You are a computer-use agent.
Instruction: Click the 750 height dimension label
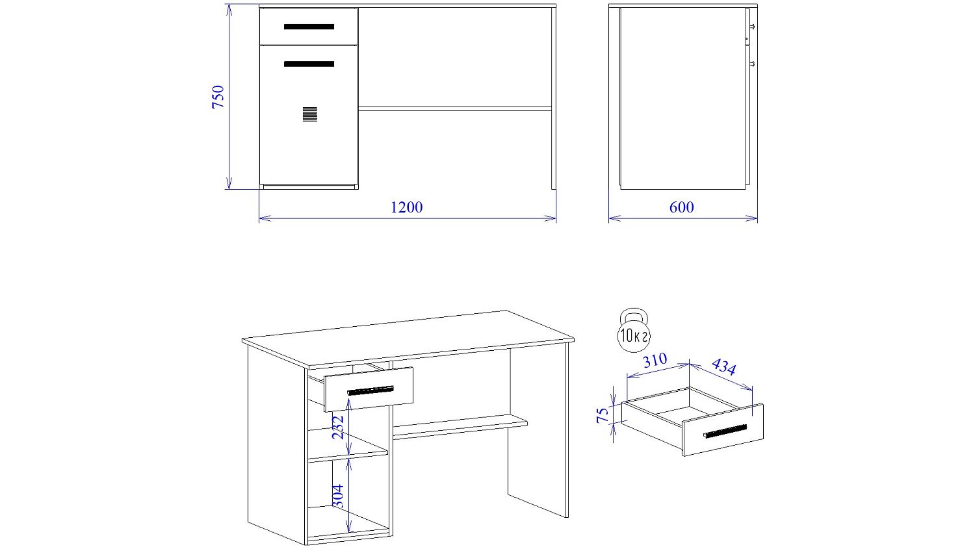click(218, 97)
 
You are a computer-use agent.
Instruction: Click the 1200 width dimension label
click(406, 207)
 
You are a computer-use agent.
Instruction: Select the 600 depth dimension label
click(682, 207)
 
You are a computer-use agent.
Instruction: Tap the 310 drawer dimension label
click(655, 360)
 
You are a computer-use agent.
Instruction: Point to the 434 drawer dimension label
click(723, 366)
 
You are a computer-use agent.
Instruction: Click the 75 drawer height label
click(603, 415)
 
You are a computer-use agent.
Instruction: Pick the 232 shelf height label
click(339, 428)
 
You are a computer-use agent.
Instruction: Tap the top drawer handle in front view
click(309, 27)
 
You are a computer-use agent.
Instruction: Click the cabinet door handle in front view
click(309, 64)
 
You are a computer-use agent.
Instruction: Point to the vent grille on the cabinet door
click(310, 114)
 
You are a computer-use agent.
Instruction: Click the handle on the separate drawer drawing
click(725, 431)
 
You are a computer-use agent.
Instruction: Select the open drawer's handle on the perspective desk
click(371, 390)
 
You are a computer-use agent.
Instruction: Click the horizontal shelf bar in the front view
click(455, 109)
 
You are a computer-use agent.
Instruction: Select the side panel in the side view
click(682, 98)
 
